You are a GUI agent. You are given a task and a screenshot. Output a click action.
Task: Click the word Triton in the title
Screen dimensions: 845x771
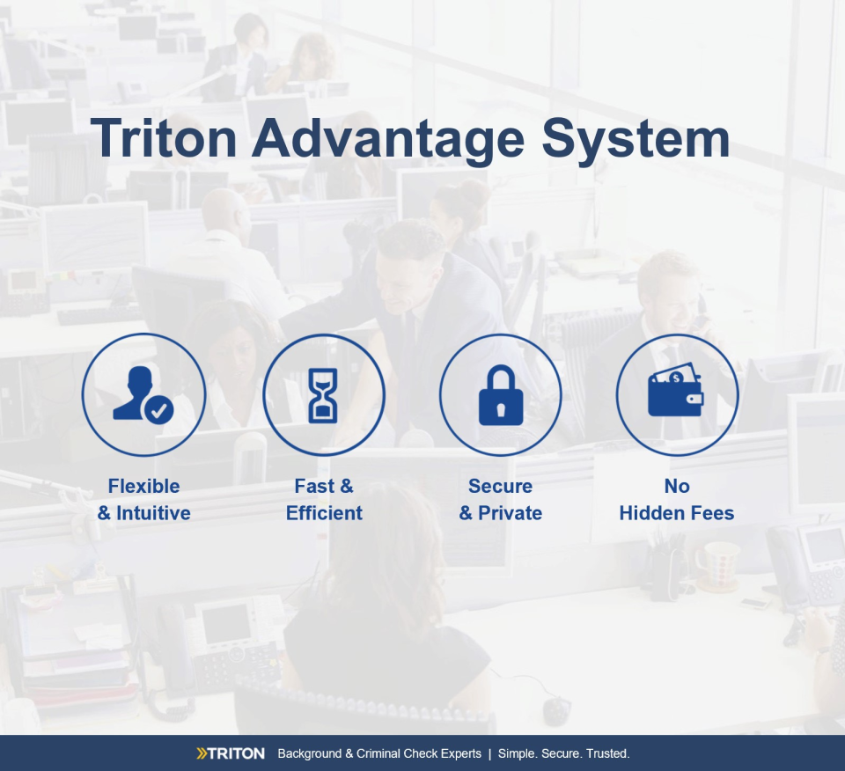[x=164, y=138]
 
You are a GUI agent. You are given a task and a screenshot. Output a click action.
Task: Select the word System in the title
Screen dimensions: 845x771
[x=636, y=140]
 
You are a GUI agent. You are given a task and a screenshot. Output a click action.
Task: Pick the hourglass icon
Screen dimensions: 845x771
[x=323, y=395]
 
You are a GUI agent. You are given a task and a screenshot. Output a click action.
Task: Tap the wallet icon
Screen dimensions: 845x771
[x=676, y=390]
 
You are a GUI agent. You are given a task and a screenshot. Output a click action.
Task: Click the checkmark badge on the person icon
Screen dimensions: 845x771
[x=158, y=410]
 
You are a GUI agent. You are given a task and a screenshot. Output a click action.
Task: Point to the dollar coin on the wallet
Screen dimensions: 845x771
[x=676, y=378]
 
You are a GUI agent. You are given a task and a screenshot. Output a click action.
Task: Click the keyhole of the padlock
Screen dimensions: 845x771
[x=501, y=409]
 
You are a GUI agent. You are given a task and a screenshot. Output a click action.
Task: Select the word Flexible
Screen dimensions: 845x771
[x=143, y=486]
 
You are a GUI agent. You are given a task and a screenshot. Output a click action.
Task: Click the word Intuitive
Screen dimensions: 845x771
[x=153, y=513]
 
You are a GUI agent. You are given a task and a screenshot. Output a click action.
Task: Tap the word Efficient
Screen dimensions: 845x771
[x=324, y=513]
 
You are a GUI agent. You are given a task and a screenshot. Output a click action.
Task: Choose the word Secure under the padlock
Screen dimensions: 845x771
[x=500, y=486]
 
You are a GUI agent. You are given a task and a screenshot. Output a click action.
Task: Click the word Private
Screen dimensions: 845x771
[x=510, y=513]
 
